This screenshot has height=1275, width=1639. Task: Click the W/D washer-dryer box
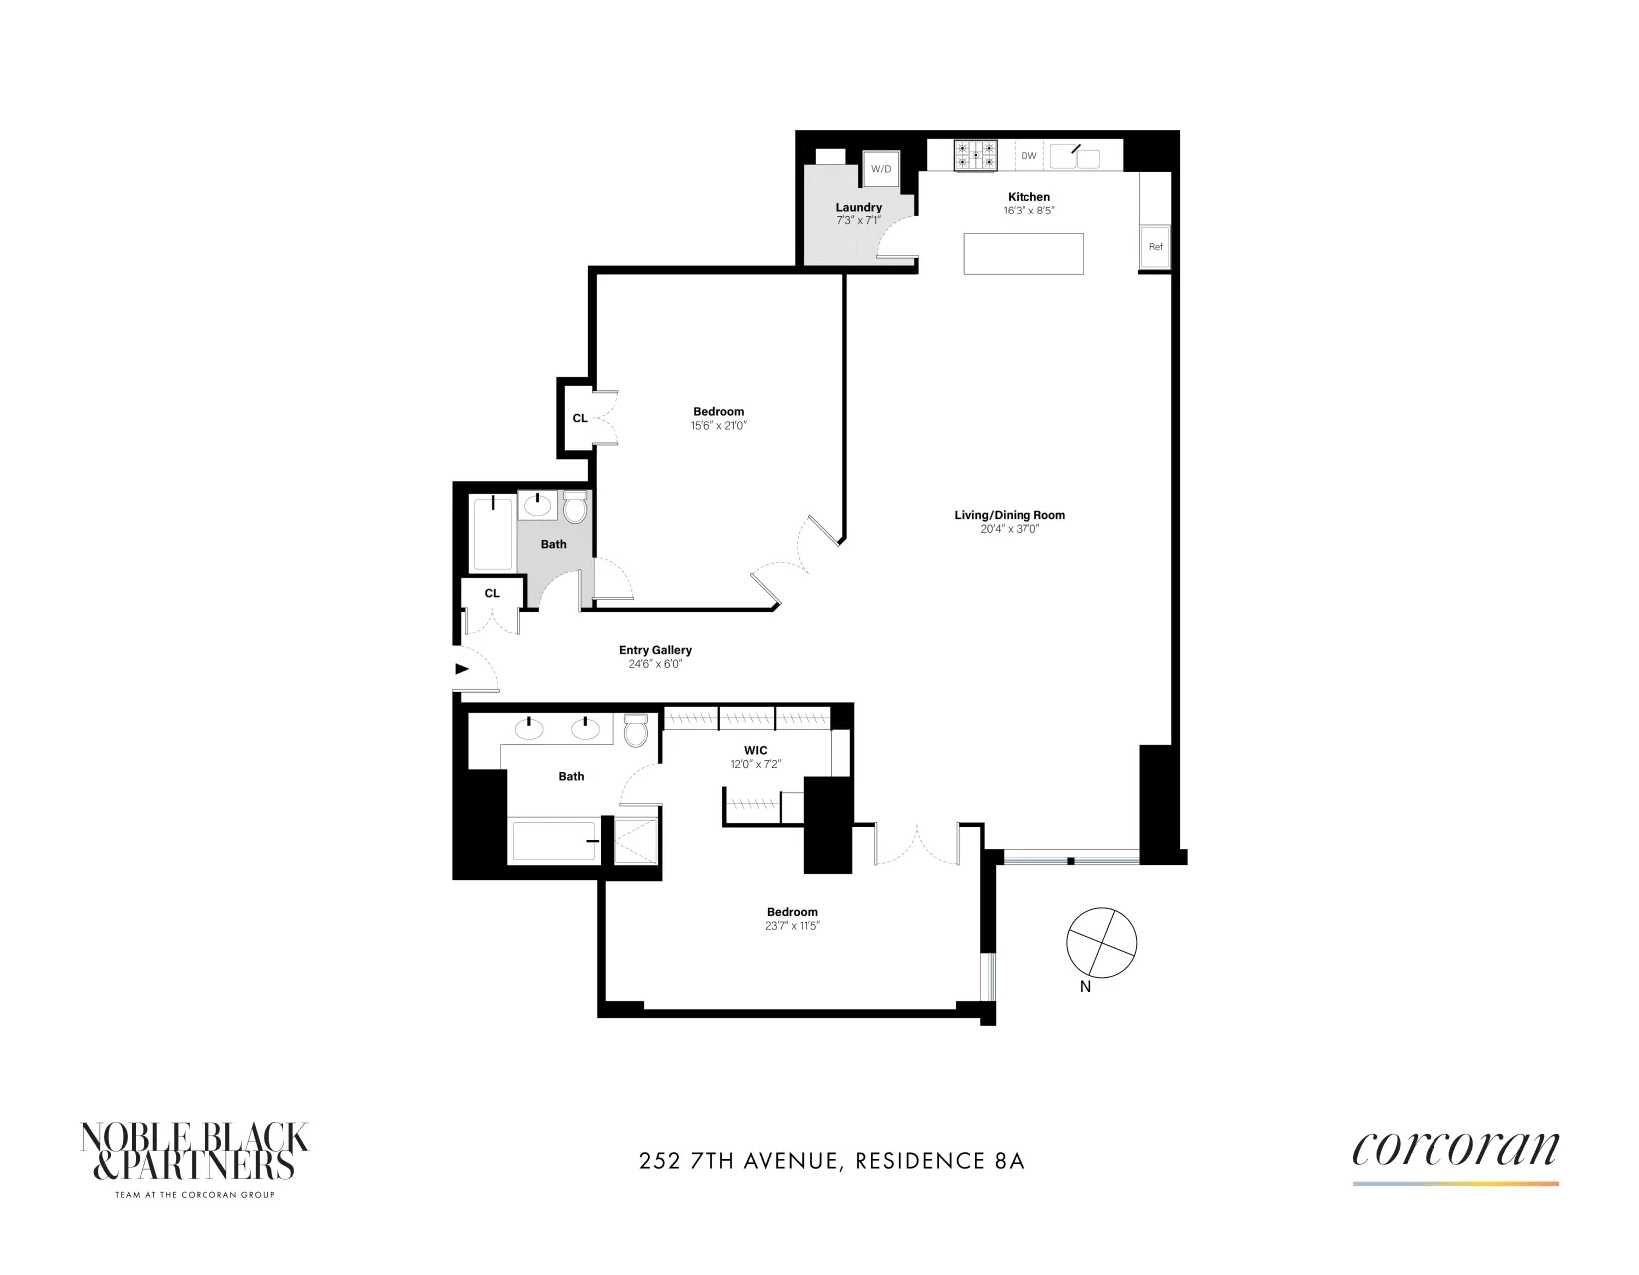(x=881, y=169)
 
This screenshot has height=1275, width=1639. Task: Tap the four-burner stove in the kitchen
(x=975, y=155)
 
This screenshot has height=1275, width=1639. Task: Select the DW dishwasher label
(x=1028, y=156)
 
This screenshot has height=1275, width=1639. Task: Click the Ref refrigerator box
(x=1155, y=247)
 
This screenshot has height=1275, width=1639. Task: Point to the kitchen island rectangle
(x=1023, y=253)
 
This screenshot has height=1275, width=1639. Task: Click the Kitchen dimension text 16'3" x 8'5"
(x=1028, y=212)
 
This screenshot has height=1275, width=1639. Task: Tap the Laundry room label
(x=858, y=208)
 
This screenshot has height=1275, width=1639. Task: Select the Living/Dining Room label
(x=1010, y=515)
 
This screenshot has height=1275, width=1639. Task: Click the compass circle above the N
(x=1101, y=942)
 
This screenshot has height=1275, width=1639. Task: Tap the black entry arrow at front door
(x=462, y=669)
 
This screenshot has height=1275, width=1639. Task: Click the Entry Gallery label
(x=655, y=650)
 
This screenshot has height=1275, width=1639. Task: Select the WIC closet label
(x=755, y=750)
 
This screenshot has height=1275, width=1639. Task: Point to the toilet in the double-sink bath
(x=636, y=731)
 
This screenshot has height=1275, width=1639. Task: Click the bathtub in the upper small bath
(x=492, y=533)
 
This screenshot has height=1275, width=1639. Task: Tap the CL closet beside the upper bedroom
(x=579, y=418)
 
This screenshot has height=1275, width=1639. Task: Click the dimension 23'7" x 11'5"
(x=792, y=926)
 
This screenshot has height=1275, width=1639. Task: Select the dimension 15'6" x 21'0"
(x=719, y=426)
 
